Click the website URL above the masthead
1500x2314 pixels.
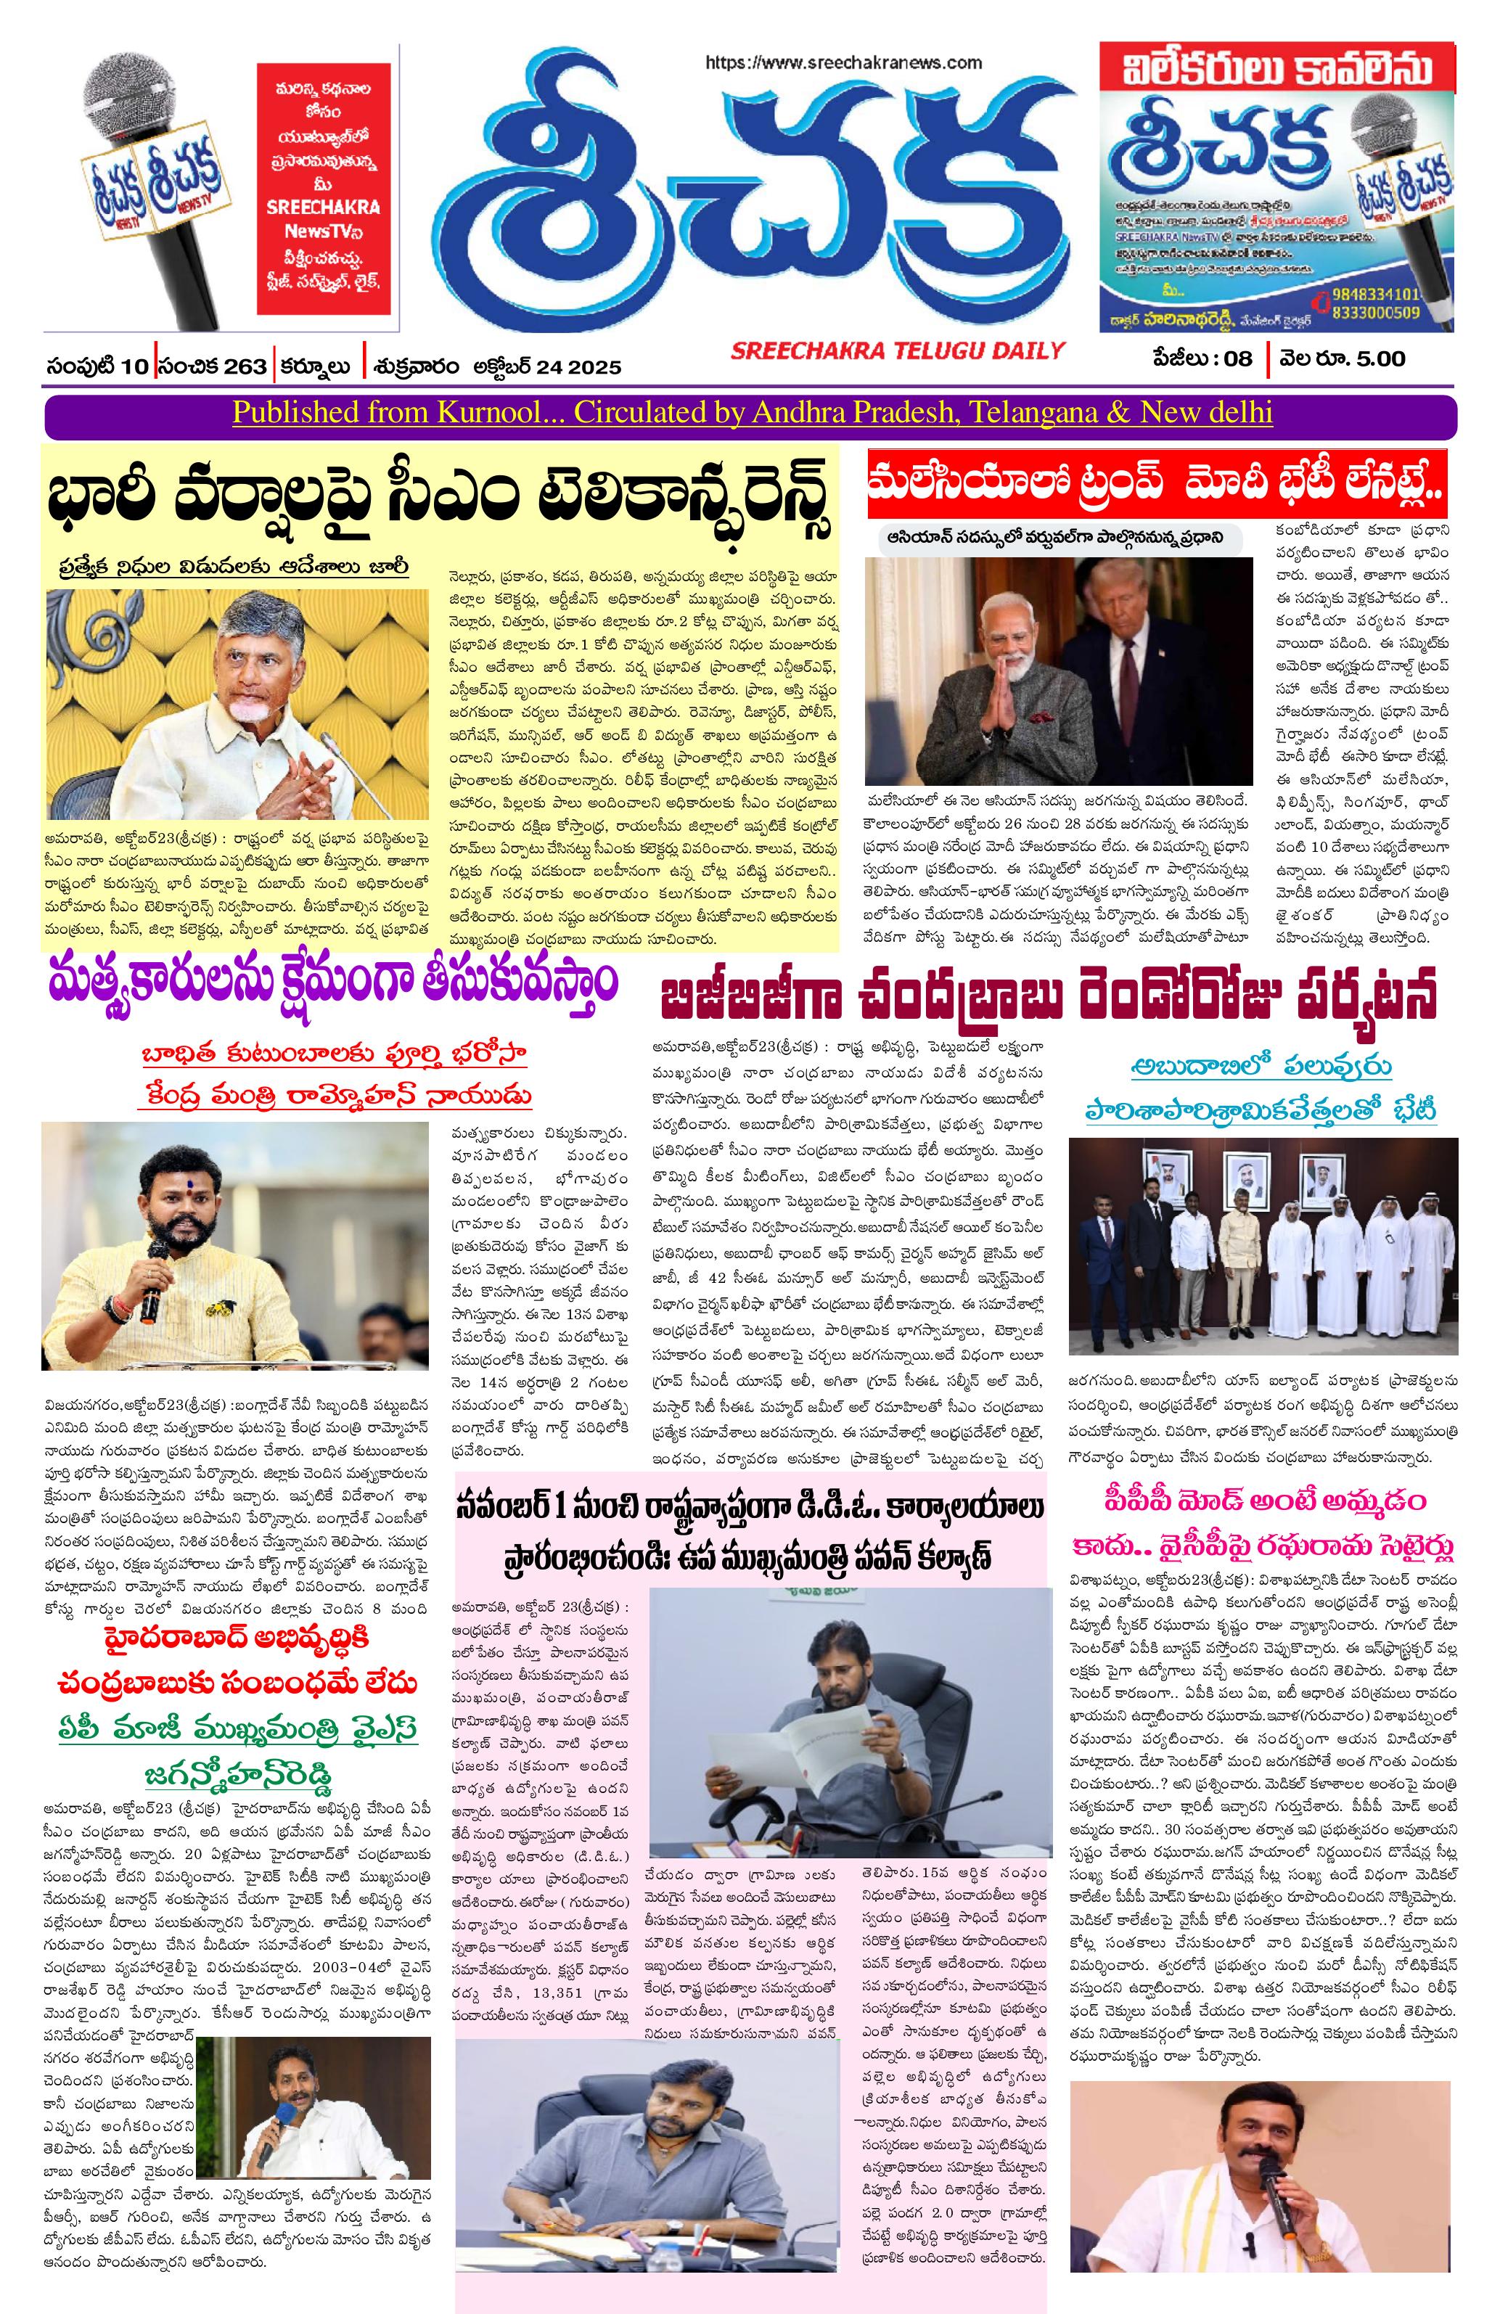click(844, 62)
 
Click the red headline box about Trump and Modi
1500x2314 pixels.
click(1157, 483)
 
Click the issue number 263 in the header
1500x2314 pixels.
click(245, 366)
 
